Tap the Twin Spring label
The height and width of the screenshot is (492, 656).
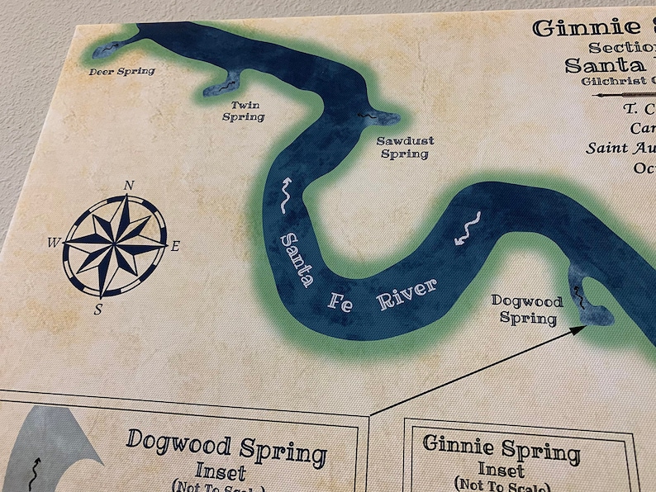pos(244,111)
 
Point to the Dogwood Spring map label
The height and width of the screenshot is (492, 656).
pos(524,308)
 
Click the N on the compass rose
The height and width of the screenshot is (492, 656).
pos(128,185)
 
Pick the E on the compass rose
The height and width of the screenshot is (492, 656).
pos(175,245)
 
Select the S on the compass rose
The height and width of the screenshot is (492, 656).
pos(98,310)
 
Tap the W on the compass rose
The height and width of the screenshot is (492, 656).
pos(53,242)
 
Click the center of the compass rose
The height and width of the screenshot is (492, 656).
pos(115,246)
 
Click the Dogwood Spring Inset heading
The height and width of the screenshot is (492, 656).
pos(225,452)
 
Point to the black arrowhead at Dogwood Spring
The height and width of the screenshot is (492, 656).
pos(581,328)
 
